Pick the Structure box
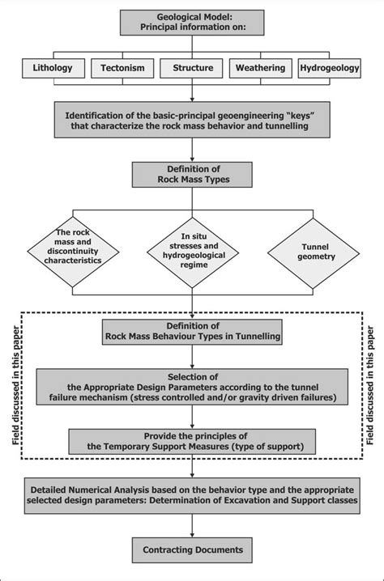[191, 68]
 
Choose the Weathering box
[261, 68]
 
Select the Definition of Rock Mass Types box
[192, 173]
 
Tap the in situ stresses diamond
[192, 252]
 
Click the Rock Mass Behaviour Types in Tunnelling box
[192, 331]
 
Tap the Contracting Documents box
[192, 551]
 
